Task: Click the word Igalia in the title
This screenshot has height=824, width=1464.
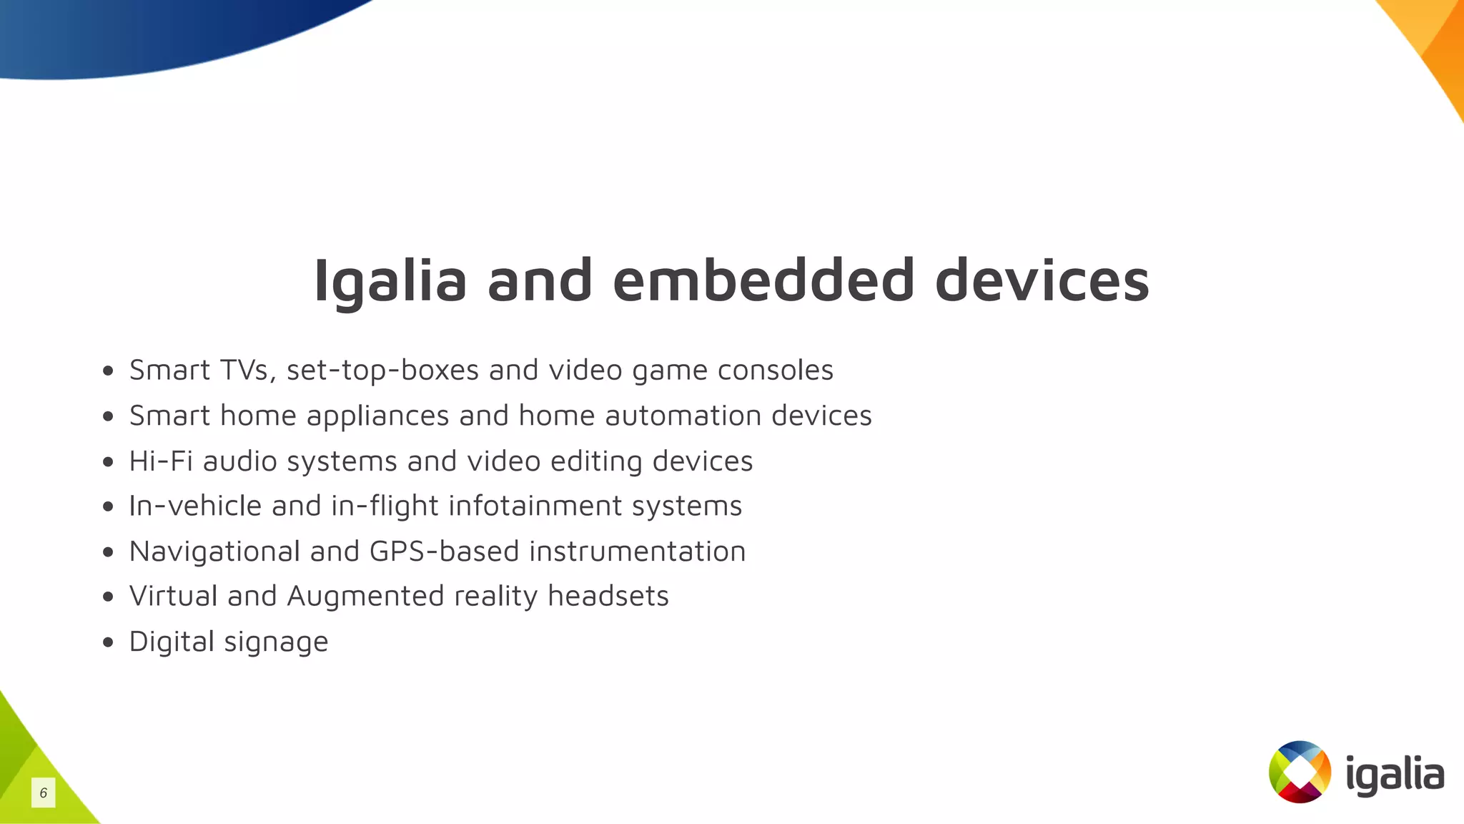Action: tap(390, 281)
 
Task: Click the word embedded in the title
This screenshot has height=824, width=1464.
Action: tap(763, 280)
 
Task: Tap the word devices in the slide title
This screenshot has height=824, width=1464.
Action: tap(1042, 280)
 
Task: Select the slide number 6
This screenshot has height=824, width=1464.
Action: tap(44, 793)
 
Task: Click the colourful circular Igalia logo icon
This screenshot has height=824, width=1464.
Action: tap(1300, 772)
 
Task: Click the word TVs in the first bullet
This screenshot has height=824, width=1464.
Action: tap(245, 371)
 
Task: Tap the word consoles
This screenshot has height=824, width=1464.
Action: tap(775, 371)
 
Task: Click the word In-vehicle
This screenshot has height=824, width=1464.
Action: tap(194, 506)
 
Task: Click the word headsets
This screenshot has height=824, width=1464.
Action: tap(608, 597)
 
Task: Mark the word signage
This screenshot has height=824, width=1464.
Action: tap(276, 642)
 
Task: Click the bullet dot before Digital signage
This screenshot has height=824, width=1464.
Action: tap(108, 642)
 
